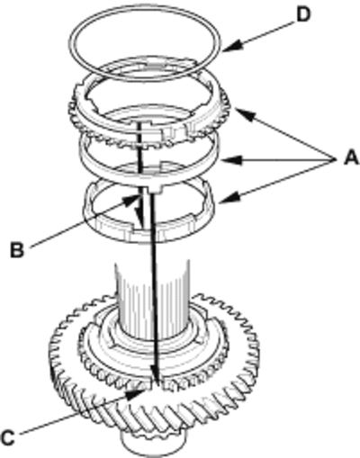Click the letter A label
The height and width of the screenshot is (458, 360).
click(350, 157)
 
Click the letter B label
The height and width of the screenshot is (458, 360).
click(17, 250)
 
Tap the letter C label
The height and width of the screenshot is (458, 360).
click(8, 438)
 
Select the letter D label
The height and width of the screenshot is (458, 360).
click(303, 15)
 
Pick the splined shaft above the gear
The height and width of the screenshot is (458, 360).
click(152, 300)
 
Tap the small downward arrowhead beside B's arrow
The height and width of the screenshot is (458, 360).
click(139, 213)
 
